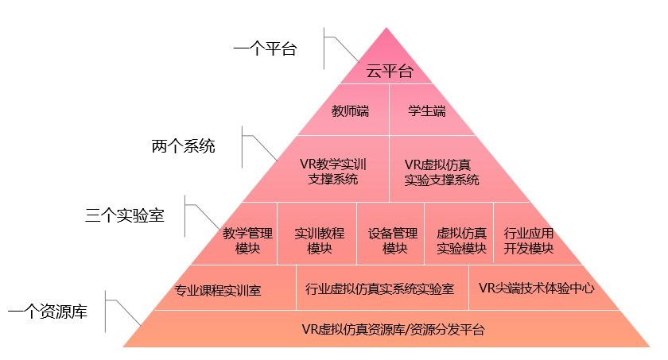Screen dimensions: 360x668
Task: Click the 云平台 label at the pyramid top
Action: pyautogui.click(x=390, y=72)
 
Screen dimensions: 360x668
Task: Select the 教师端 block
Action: pyautogui.click(x=350, y=110)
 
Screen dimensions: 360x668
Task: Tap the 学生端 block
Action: pyautogui.click(x=427, y=110)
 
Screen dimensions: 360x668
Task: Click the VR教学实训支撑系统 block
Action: pyautogui.click(x=333, y=172)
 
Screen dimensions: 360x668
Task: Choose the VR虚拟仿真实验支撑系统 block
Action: pyautogui.click(x=441, y=172)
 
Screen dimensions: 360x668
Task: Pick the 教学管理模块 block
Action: pyautogui.click(x=248, y=241)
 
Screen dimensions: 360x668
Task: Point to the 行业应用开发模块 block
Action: pyautogui.click(x=528, y=241)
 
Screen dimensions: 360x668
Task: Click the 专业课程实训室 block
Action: pyautogui.click(x=218, y=289)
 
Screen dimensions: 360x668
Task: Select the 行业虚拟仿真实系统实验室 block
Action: pyautogui.click(x=380, y=288)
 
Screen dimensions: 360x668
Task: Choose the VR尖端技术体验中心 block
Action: pyautogui.click(x=537, y=288)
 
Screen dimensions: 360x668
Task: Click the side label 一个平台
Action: pyautogui.click(x=265, y=49)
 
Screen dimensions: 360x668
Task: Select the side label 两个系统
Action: pyautogui.click(x=183, y=147)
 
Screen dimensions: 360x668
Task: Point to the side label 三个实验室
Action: pyautogui.click(x=125, y=215)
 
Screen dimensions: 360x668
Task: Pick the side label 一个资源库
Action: pyautogui.click(x=48, y=312)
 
